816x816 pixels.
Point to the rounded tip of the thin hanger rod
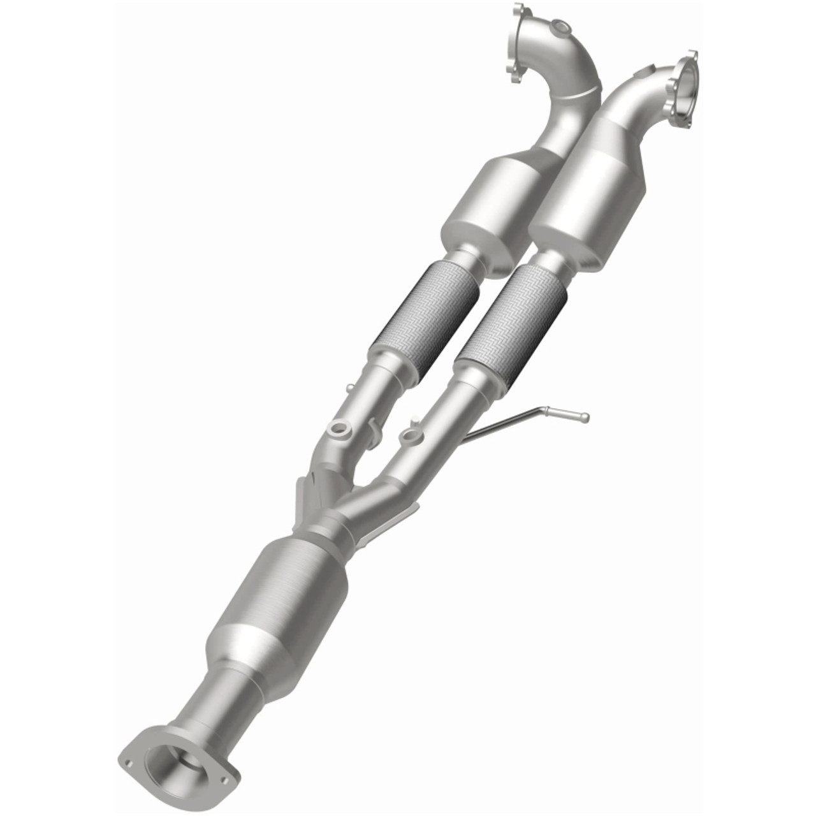pyautogui.click(x=585, y=418)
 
